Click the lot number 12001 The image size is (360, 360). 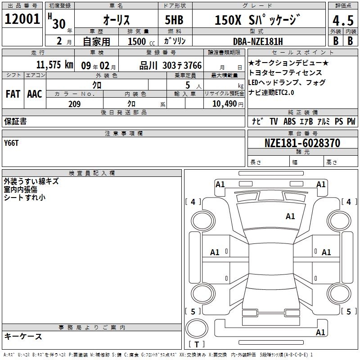click(22, 19)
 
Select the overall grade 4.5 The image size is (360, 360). click(343, 21)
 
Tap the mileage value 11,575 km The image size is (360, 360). click(55, 64)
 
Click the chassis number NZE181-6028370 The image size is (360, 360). click(302, 143)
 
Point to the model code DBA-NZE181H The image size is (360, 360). click(258, 41)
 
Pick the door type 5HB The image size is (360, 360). click(174, 20)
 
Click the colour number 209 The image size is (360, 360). click(74, 104)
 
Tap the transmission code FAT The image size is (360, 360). click(13, 94)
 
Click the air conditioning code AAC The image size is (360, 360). click(35, 94)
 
